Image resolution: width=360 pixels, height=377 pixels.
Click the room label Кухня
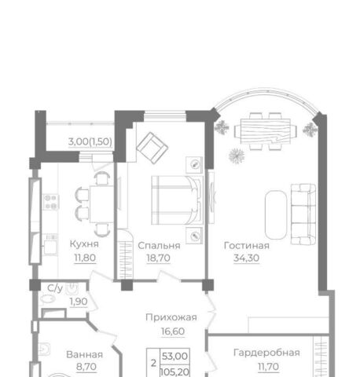[x=84, y=244]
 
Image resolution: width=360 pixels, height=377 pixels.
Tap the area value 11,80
[x=85, y=258]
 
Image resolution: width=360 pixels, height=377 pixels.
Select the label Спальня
[x=159, y=246]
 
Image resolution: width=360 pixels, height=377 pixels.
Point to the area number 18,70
[x=158, y=258]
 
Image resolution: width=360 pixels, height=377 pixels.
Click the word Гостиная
[x=247, y=246]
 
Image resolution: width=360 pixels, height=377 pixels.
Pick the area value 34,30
[x=246, y=258]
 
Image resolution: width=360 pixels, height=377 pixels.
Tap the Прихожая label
[x=171, y=317]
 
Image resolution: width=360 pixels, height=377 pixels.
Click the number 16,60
[x=173, y=331]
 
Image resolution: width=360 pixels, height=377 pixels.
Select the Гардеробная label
[x=266, y=353]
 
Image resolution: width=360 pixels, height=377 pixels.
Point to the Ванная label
[x=84, y=355]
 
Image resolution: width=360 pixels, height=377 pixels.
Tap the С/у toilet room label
[x=55, y=288]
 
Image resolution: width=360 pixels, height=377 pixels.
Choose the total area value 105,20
[x=174, y=372]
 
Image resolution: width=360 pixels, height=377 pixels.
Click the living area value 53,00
[x=174, y=356]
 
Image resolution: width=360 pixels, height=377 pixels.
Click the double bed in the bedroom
[x=177, y=200]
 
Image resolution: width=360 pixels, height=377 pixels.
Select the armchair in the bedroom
[x=152, y=148]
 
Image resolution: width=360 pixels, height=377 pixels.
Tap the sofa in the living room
[x=303, y=214]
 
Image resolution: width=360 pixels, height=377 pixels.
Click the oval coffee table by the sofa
[x=276, y=214]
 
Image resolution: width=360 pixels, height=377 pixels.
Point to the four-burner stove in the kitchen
[x=51, y=202]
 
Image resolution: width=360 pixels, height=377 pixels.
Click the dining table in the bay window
[x=266, y=131]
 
